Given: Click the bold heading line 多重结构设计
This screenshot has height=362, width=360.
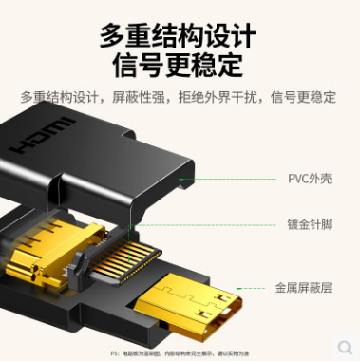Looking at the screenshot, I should point(179,36).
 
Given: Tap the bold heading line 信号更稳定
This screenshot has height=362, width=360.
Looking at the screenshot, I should point(179,67).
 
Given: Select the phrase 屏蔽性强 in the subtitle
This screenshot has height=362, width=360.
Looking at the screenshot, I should point(143,97).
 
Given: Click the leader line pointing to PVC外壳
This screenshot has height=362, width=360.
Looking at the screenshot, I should point(237,178).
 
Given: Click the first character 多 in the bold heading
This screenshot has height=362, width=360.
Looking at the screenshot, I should point(114,36).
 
